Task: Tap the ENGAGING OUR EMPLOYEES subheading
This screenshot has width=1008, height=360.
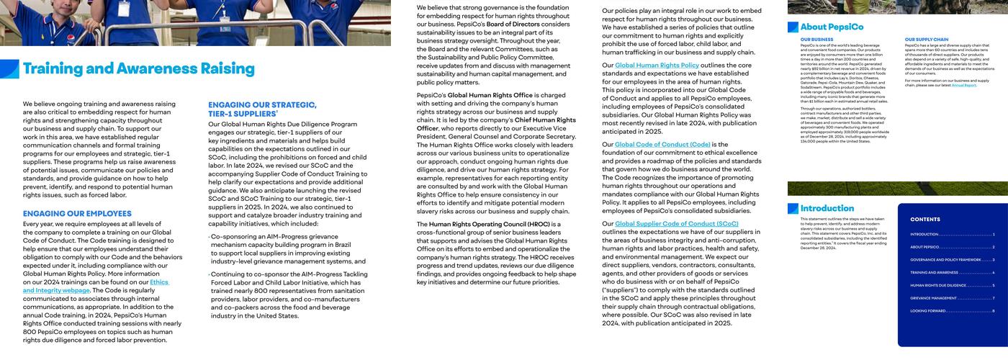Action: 77,214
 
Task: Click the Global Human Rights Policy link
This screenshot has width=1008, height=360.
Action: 657,66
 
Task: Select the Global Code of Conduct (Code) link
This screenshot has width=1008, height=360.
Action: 662,145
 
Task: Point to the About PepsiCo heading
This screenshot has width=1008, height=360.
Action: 832,27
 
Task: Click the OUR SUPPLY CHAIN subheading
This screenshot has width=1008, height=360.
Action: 927,40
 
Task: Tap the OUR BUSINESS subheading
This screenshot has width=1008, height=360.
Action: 816,40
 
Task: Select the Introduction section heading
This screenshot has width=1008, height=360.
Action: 827,209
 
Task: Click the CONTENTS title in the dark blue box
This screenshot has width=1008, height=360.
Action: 924,220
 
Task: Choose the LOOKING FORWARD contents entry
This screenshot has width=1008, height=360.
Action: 928,311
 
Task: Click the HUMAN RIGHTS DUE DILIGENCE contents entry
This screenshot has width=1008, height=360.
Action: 938,285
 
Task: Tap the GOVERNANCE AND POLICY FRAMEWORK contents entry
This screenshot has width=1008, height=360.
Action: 945,260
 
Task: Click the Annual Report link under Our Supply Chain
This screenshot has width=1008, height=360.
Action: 963,85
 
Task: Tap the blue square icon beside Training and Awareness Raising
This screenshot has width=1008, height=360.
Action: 9,69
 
